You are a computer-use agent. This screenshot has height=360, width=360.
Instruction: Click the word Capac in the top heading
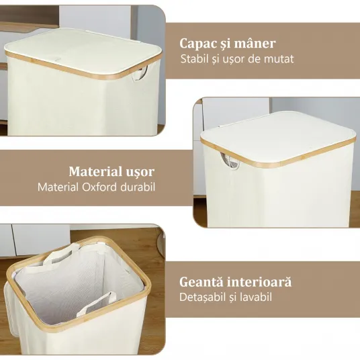[x=198, y=44]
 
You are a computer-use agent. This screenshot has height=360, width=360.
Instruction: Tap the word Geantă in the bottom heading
[x=201, y=282]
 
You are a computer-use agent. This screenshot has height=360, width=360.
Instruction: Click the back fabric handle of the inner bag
[x=62, y=252]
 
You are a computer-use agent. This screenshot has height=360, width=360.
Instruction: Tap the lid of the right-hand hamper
[x=278, y=138]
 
